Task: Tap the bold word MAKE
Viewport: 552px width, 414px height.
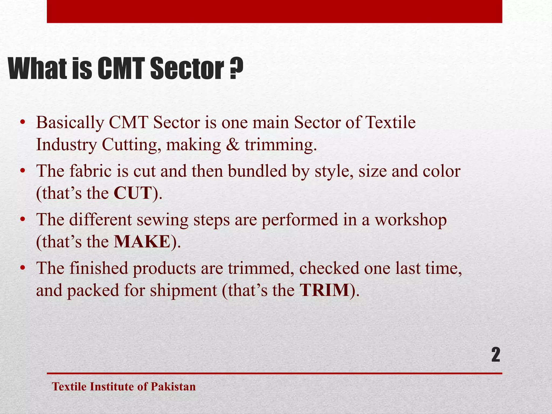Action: pos(142,242)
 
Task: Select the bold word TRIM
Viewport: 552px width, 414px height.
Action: pos(324,290)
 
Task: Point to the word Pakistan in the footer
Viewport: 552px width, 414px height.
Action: pos(173,387)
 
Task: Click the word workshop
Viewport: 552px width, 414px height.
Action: pos(411,220)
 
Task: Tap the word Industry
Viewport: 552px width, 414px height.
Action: pos(66,145)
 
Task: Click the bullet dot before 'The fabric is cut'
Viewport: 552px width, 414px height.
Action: pos(23,171)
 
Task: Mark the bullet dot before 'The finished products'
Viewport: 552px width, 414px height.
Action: pos(23,268)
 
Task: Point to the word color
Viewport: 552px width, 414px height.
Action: pos(441,171)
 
